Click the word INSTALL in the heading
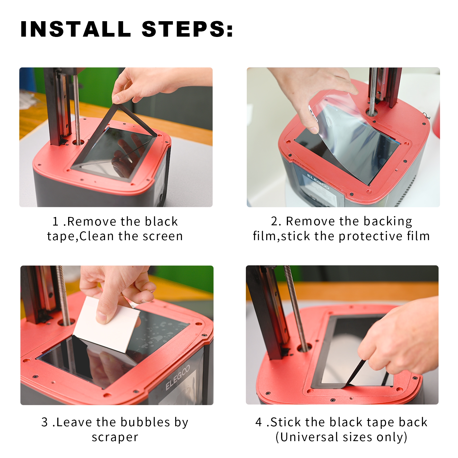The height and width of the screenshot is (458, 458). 76,29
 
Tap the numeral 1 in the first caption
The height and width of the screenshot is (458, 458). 56,222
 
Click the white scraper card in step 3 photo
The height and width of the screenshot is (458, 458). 106,325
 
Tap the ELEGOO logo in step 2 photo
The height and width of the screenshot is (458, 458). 318,181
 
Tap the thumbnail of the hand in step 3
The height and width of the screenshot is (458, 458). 101,317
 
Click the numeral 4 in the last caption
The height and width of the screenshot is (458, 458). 258,422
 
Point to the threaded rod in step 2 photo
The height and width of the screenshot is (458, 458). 373,91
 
